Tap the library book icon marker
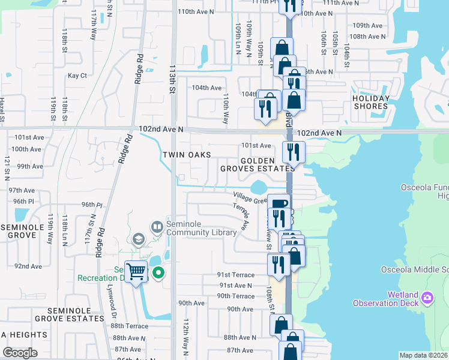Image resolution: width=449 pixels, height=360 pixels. pos(157,227)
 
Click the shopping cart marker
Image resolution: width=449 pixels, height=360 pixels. pos(136,271)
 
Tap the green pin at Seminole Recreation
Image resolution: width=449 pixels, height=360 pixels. pos(158,274)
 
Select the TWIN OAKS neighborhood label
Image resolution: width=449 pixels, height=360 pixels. pos(187,155)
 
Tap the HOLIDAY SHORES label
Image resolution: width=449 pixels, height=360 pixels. pos(370,102)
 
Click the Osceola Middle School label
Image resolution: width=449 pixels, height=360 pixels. pos(415,269)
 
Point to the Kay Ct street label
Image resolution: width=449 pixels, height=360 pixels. pos(77,76)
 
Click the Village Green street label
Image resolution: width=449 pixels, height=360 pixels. pos(250,197)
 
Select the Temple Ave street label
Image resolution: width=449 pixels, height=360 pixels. pos(240,216)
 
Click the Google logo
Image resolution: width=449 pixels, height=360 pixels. pos(20,353)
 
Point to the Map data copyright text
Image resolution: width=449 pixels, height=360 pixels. pos(423,355)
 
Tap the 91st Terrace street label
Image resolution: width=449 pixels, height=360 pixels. pos(236,274)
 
